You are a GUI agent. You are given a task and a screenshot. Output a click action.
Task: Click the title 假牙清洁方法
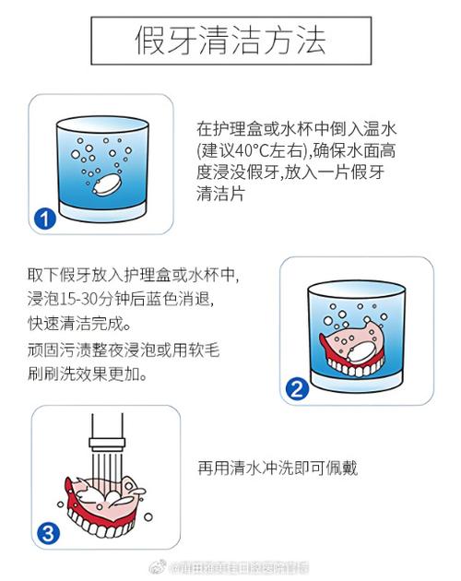tap(230, 41)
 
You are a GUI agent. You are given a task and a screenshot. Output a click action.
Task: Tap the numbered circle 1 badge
tap(44, 219)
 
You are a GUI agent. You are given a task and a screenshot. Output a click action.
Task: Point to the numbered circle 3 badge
tap(48, 532)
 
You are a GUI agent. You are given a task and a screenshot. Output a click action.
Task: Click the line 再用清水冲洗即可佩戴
tap(277, 468)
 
